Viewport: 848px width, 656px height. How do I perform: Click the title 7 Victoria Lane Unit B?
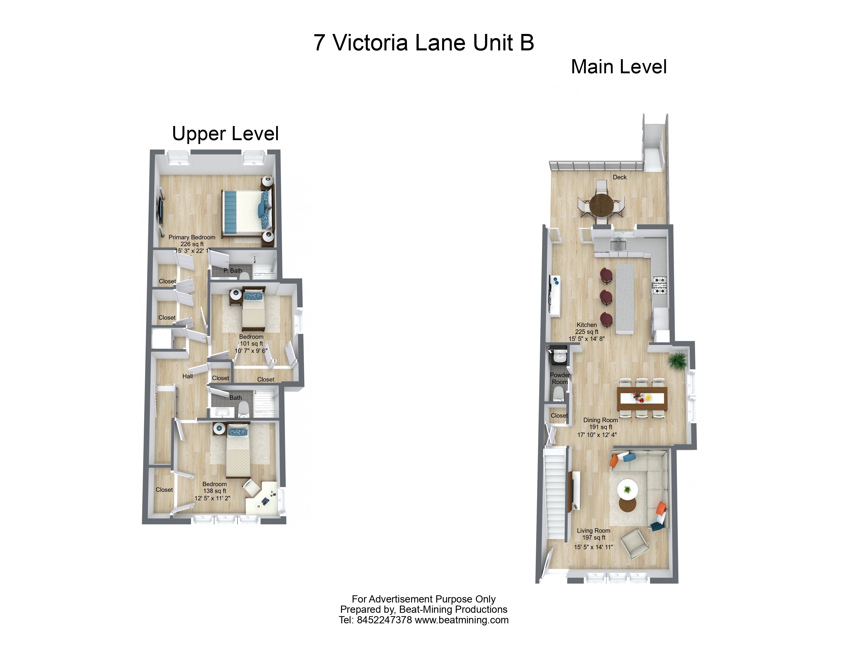coord(424,43)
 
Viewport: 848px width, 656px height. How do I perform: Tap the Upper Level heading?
coord(225,134)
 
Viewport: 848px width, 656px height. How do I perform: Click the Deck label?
coord(620,177)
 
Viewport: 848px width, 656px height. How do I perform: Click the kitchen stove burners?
coord(659,285)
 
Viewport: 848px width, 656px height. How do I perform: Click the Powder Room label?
coord(560,379)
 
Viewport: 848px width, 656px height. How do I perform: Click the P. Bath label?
coord(233,271)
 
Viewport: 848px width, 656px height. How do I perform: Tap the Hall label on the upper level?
coord(188,376)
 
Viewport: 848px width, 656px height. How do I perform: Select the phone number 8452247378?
coord(384,620)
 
